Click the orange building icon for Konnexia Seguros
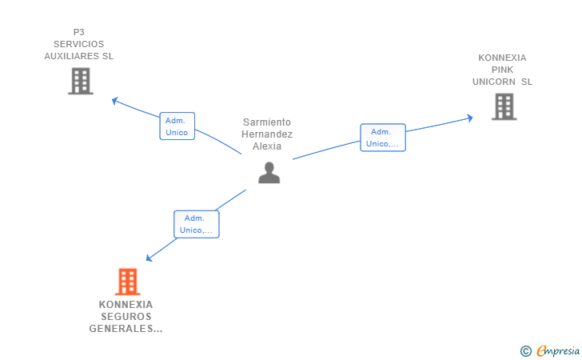pos(127,282)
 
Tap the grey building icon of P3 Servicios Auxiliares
pos(81,81)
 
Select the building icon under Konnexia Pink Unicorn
pos(504,106)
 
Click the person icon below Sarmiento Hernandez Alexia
pos(269,172)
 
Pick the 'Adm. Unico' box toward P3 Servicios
pos(177,126)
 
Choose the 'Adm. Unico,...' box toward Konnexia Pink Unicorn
pos(382,138)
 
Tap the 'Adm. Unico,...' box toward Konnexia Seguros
pos(196,224)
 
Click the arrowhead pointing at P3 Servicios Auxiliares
pos(115,101)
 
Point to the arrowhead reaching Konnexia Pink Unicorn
pos(469,118)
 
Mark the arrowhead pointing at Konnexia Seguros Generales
pos(149,258)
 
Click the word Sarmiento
pos(267,122)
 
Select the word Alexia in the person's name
pos(267,146)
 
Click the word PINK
pos(502,70)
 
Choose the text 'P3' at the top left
pos(78,32)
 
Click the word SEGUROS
pos(126,316)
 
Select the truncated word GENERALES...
pos(125,328)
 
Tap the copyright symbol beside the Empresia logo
pos(525,350)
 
